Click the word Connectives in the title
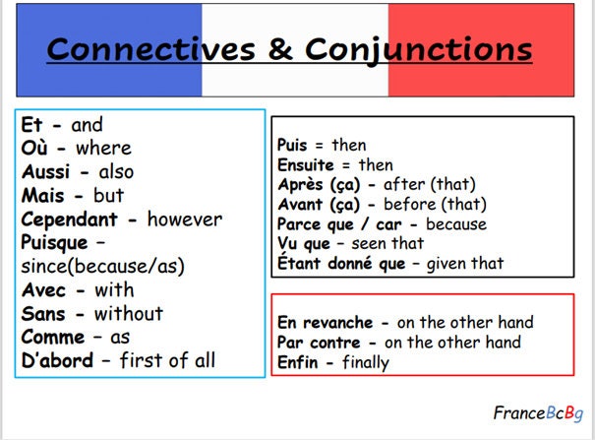coord(150,49)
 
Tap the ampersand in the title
coord(280,48)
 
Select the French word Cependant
coord(70,220)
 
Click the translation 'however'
coord(185,220)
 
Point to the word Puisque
coord(54,243)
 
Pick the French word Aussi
coord(45,172)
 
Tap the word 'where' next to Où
coord(103,148)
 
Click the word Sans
coord(43,314)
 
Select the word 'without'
coord(129,314)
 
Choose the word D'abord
coord(57,360)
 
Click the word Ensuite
coord(306,165)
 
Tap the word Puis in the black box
coord(292,145)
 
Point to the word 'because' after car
coord(456,224)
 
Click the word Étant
coord(299,263)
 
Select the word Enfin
coord(297,362)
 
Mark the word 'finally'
coord(366,363)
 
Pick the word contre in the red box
coord(334,343)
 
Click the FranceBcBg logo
coord(538,413)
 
